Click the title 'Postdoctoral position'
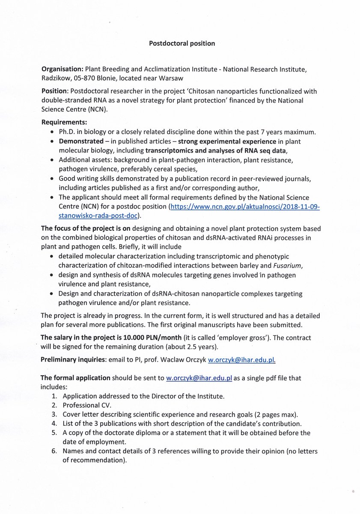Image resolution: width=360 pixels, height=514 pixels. pos(181,43)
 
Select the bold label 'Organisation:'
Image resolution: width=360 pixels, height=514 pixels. pos(62,69)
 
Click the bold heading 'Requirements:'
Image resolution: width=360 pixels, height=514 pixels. pos(64,122)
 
